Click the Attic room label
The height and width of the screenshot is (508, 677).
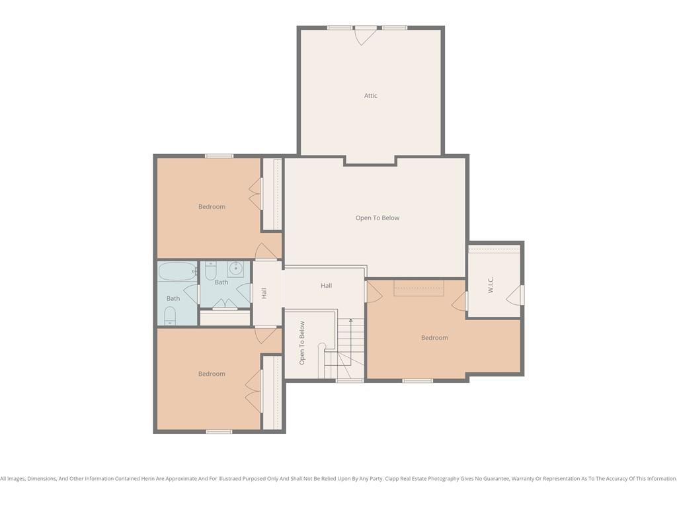[x=370, y=95]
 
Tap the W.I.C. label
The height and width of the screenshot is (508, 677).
[x=491, y=285]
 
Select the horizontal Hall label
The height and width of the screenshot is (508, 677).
[x=327, y=286]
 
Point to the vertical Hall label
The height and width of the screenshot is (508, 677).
[x=264, y=293]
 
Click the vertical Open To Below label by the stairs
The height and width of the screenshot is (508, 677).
[x=301, y=343]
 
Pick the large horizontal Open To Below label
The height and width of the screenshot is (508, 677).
[x=378, y=218]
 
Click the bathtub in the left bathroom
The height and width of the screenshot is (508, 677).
[x=177, y=271]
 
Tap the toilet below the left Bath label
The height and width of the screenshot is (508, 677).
[x=170, y=316]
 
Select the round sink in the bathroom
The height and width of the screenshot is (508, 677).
[x=235, y=269]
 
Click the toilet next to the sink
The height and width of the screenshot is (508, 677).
[x=210, y=271]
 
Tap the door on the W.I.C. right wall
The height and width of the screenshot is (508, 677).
[x=514, y=295]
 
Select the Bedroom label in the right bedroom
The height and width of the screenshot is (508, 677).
[x=434, y=338]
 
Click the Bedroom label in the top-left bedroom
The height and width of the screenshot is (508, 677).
[x=212, y=206]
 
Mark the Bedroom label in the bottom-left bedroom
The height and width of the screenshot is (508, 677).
[x=212, y=374]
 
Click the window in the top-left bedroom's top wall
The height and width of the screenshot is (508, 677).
[x=219, y=156]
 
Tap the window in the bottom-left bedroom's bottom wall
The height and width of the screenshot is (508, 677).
[x=219, y=431]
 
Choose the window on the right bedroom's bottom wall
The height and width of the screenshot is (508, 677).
[x=418, y=380]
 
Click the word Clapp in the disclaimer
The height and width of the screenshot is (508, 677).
[x=393, y=479]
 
